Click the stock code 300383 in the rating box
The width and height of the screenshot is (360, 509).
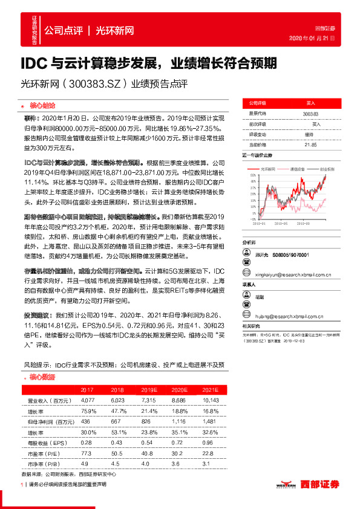click(x=310, y=113)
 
